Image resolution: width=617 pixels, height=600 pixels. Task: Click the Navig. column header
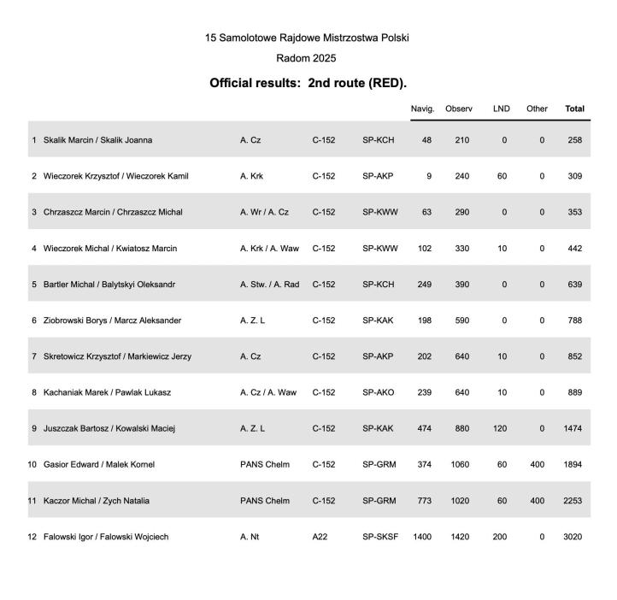pyautogui.click(x=422, y=109)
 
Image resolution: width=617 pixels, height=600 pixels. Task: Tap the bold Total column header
pyautogui.click(x=574, y=109)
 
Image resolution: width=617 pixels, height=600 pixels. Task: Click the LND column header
pyautogui.click(x=501, y=109)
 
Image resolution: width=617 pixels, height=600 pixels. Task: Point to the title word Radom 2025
pyautogui.click(x=307, y=58)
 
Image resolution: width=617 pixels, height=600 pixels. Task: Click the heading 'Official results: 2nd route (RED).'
pyautogui.click(x=308, y=84)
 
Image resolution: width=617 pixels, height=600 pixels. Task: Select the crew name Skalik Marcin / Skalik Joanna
pyautogui.click(x=97, y=139)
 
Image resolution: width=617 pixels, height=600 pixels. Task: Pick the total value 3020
pyautogui.click(x=573, y=537)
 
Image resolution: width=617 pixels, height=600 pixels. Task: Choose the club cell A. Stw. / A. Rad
pyautogui.click(x=269, y=284)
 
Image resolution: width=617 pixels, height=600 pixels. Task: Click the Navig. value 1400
pyautogui.click(x=422, y=537)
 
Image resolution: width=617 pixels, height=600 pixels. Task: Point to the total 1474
pyautogui.click(x=573, y=428)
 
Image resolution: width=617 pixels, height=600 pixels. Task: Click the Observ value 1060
pyautogui.click(x=461, y=465)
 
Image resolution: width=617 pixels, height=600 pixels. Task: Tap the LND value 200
pyautogui.click(x=501, y=537)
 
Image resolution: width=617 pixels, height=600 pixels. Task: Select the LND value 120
pyautogui.click(x=501, y=428)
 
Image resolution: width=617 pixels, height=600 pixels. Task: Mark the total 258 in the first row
pyautogui.click(x=574, y=139)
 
